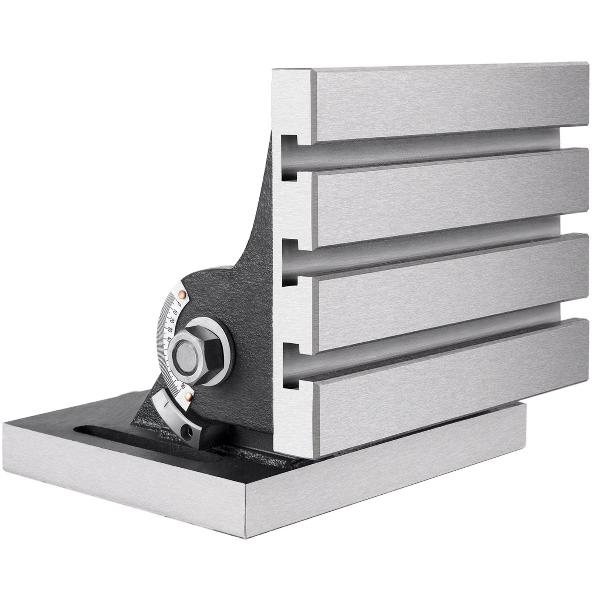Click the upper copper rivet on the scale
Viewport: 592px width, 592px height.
181,294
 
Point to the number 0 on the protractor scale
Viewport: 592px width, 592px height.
179,305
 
